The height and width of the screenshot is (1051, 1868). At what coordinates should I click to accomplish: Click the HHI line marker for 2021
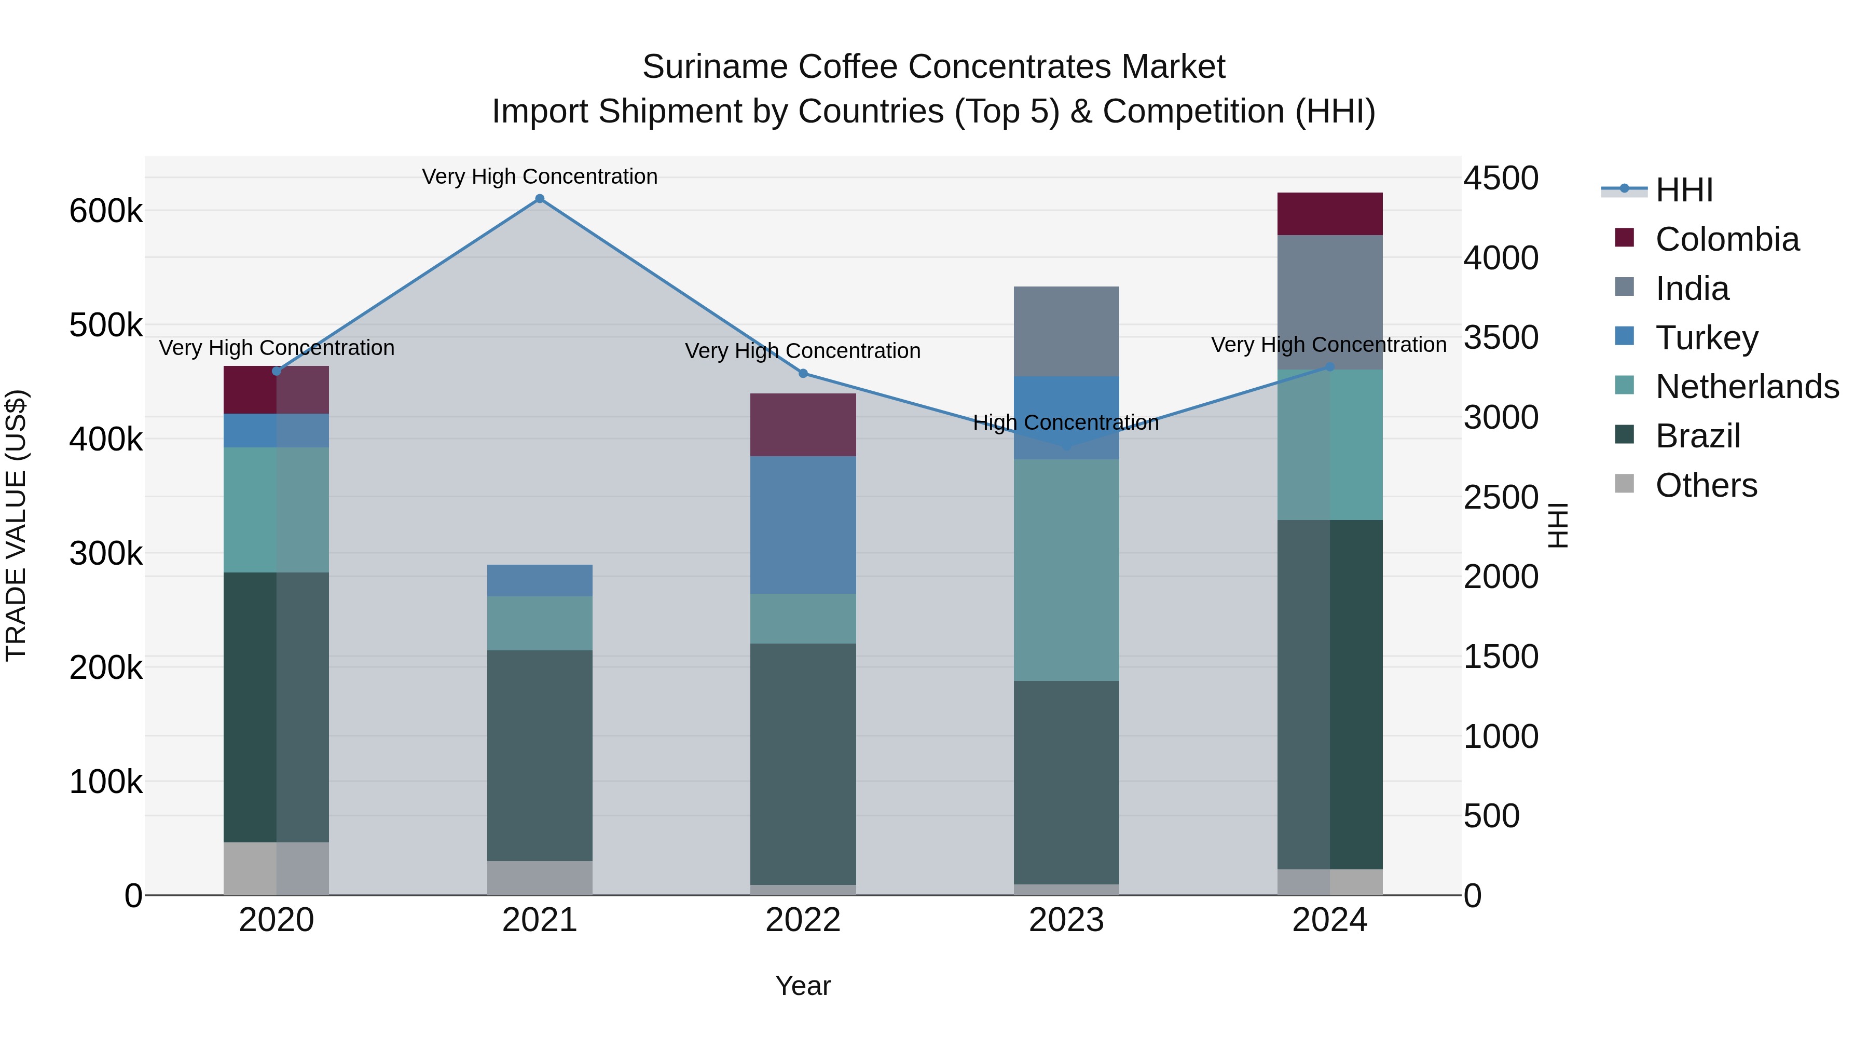click(540, 199)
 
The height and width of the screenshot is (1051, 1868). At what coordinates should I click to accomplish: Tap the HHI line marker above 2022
click(803, 374)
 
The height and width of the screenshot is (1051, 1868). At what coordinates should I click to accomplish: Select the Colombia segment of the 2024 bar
click(1329, 214)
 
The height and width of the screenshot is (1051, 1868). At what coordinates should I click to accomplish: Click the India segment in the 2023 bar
click(1066, 332)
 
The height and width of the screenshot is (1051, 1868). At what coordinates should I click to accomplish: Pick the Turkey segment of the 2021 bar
click(540, 580)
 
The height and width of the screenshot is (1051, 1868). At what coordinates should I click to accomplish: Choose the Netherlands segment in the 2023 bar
click(1066, 569)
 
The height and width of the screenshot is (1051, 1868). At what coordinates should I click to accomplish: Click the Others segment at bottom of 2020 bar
click(276, 868)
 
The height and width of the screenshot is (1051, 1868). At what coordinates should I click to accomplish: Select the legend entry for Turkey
click(1706, 338)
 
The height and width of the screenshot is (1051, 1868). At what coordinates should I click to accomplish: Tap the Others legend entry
click(1706, 485)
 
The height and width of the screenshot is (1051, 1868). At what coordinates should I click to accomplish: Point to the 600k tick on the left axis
click(106, 212)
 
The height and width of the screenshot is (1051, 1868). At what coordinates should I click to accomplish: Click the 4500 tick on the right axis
click(1500, 179)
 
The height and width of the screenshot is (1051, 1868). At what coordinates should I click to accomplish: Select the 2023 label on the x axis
click(1066, 920)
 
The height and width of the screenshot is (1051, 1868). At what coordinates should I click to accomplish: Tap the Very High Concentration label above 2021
click(540, 176)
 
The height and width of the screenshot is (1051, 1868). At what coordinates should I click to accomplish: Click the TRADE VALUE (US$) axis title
click(16, 525)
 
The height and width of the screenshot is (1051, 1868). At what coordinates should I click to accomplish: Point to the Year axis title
click(803, 986)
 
